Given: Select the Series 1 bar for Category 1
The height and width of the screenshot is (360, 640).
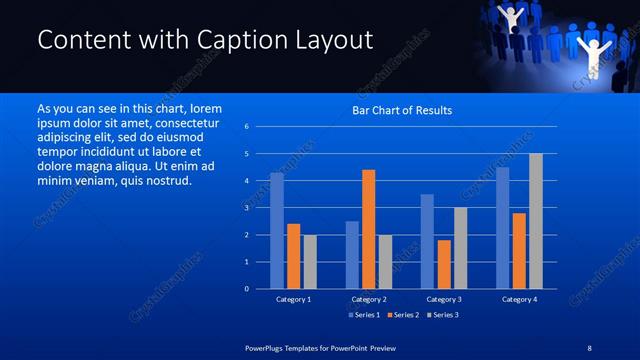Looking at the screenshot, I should point(277,231).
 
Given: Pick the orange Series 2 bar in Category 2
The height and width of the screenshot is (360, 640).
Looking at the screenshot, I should point(369,229).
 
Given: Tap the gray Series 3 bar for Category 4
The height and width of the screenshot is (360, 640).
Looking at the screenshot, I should point(536,221).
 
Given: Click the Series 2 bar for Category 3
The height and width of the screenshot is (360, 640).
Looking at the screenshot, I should point(444,264).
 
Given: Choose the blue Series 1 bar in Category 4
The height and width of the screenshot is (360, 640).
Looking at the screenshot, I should point(502,228).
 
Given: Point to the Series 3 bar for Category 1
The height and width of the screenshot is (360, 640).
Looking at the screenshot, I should point(310,262).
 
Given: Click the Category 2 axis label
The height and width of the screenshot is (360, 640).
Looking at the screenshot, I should point(369,299).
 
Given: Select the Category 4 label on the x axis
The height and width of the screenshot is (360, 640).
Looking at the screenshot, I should point(519,299).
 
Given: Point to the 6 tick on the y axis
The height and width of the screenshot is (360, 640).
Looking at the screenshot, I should point(247,127).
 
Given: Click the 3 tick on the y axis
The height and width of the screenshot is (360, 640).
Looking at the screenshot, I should point(247,208).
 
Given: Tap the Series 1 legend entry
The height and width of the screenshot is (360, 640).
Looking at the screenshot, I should point(364,315).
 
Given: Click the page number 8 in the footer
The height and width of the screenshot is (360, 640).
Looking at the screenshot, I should point(588,346).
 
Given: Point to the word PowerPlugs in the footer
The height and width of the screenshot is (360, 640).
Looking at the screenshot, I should point(268,346).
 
